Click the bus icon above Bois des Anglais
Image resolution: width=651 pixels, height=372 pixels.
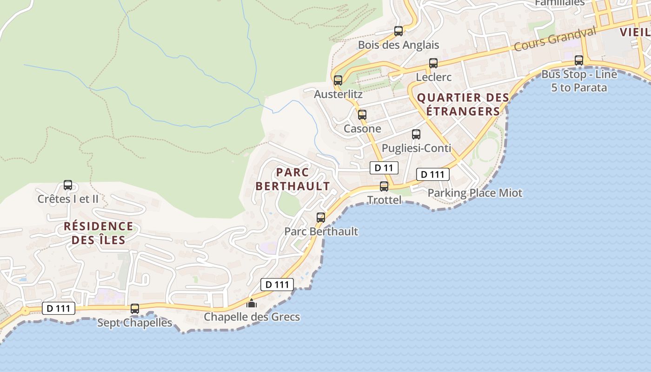tap(399, 31)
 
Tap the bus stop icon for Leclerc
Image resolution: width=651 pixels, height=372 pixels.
tap(433, 63)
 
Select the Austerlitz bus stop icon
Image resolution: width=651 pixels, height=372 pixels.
tap(338, 80)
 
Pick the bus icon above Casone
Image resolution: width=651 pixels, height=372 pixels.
tap(362, 114)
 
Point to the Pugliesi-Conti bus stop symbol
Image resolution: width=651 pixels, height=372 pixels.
tap(416, 134)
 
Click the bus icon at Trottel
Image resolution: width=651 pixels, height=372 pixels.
tap(384, 186)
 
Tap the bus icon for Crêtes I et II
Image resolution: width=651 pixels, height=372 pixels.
tap(68, 185)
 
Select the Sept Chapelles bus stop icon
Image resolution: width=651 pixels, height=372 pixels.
tap(135, 308)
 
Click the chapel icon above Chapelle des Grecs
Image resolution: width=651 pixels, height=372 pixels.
tap(252, 303)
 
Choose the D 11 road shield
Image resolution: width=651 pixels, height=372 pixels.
tap(384, 168)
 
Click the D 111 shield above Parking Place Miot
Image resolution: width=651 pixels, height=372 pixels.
tap(432, 174)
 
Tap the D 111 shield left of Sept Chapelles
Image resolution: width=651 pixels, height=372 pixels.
tap(59, 308)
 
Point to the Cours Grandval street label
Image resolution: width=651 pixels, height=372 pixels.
tap(555, 39)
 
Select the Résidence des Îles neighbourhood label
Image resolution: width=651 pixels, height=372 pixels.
tap(98, 233)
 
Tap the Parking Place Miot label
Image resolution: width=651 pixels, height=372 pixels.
tap(475, 193)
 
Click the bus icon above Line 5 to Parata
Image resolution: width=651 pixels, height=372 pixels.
tap(579, 60)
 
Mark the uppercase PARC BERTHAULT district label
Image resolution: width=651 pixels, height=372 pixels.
tap(293, 179)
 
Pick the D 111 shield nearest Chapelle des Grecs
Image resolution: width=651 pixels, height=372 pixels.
tap(277, 285)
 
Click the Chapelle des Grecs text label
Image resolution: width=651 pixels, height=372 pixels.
tap(252, 317)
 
